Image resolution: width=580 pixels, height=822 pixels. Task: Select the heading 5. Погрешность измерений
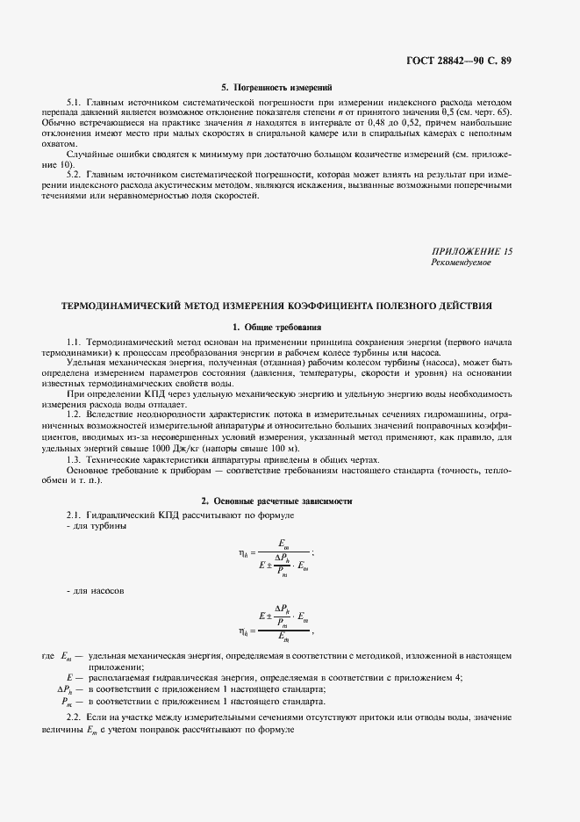[x=276, y=88]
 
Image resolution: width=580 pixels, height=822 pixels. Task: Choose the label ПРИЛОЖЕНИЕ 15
[x=472, y=252]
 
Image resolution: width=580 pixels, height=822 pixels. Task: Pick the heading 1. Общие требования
[x=277, y=327]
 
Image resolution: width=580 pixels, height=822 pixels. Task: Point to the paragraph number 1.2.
[x=74, y=413]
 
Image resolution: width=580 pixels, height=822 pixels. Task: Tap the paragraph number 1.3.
[x=74, y=460]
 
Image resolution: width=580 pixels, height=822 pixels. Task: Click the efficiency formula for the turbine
[x=276, y=554]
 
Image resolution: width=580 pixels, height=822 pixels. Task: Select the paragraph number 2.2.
[x=74, y=718]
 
